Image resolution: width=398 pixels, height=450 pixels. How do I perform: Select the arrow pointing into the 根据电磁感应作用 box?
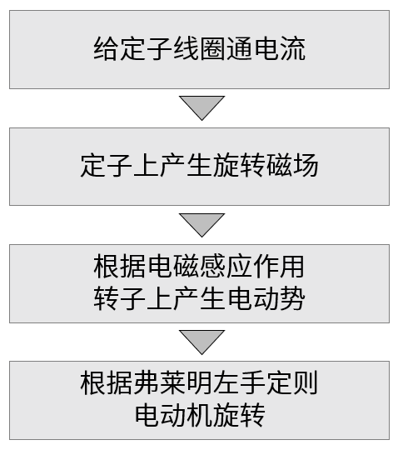(201, 225)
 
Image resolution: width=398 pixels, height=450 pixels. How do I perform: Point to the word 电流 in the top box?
(280, 48)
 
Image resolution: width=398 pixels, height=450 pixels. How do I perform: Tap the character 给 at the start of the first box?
(106, 48)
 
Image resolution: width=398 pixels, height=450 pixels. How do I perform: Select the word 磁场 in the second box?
(292, 165)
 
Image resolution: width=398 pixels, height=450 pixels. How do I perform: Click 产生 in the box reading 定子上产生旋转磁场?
(187, 165)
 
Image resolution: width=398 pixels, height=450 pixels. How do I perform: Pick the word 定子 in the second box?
(106, 165)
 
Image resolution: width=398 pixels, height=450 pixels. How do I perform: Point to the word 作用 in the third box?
(279, 266)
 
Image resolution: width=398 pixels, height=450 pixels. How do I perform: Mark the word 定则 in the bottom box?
(292, 382)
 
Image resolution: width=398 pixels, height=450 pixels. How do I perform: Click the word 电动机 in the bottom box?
(173, 414)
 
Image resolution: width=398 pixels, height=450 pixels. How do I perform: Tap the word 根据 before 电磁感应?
(119, 266)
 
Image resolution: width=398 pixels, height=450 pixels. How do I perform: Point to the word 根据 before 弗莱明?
(106, 382)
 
